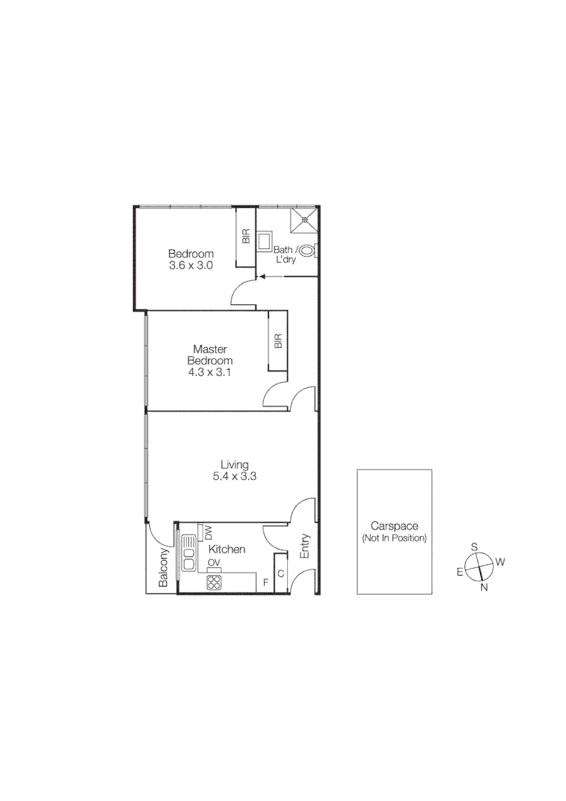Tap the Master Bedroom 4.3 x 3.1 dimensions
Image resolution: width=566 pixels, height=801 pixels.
(x=210, y=373)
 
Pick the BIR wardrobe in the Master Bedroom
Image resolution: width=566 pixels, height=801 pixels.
(x=278, y=341)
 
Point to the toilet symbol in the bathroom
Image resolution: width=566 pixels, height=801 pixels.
(x=310, y=251)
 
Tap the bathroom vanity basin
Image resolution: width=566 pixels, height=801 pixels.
(x=265, y=243)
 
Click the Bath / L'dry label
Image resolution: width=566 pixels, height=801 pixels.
(x=287, y=254)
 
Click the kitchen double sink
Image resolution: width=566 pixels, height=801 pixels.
(x=188, y=553)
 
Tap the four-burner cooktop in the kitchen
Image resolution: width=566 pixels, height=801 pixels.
(x=214, y=582)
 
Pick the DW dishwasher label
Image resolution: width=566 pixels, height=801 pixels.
(x=208, y=531)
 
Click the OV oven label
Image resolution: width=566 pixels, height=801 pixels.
(x=214, y=564)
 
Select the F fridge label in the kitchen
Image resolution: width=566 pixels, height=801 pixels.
(x=265, y=582)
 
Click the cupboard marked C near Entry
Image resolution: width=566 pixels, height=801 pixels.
(x=281, y=574)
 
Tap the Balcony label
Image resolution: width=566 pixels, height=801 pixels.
(x=164, y=567)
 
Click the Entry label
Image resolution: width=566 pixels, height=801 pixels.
(x=305, y=546)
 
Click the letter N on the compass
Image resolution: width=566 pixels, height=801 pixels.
(x=484, y=587)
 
